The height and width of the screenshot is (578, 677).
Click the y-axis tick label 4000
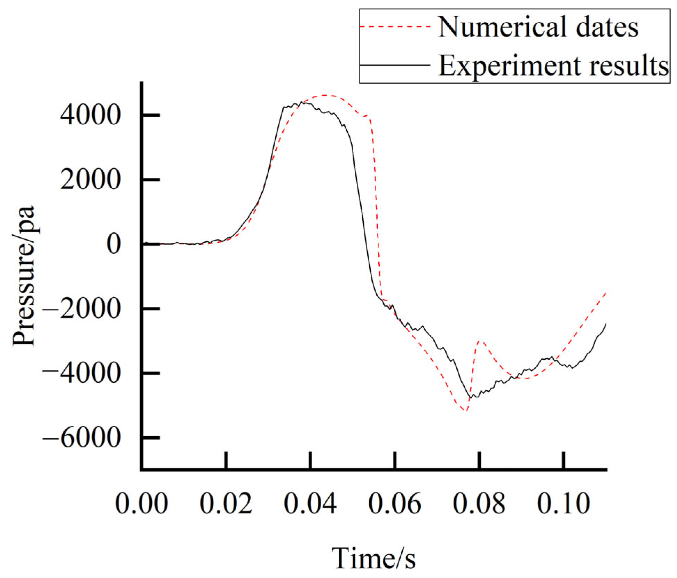tap(90, 115)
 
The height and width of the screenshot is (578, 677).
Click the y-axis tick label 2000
tap(90, 180)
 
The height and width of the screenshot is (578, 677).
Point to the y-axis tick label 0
tap(113, 244)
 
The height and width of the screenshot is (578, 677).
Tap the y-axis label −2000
tap(81, 309)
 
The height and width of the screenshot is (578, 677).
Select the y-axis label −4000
tap(81, 373)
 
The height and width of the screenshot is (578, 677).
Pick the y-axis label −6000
tap(81, 438)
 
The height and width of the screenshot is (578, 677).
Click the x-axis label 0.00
tap(141, 503)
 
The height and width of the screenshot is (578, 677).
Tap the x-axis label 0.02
tap(226, 503)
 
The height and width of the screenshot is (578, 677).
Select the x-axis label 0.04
tap(310, 503)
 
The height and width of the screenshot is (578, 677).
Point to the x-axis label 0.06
tap(395, 503)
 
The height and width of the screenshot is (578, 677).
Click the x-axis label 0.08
tap(479, 503)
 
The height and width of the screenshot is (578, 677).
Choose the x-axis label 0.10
tap(564, 503)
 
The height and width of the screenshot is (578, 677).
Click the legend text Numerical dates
tap(538, 27)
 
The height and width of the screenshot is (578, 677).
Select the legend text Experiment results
tap(553, 65)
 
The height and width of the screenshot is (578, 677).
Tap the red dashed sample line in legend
tap(395, 26)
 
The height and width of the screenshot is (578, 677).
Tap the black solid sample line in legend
tap(395, 65)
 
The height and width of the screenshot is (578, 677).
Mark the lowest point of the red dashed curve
tap(465, 410)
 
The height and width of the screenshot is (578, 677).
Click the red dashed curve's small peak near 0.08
tap(481, 341)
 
